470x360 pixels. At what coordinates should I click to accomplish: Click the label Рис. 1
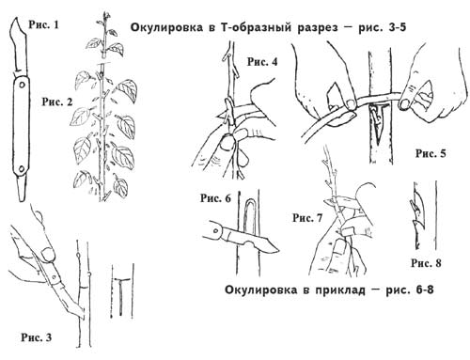coord(43,24)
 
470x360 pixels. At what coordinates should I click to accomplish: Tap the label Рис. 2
coord(57,102)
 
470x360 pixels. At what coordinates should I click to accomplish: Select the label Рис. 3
coord(37,337)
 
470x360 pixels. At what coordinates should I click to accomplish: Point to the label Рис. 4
coord(262,62)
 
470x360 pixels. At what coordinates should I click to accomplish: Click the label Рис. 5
coord(431,153)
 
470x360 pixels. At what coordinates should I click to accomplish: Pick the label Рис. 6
coord(215,198)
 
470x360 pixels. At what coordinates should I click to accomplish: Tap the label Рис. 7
coord(307,218)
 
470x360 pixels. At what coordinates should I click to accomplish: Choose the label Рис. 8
coord(426,263)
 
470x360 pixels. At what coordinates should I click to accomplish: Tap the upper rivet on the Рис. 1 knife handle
coord(22,85)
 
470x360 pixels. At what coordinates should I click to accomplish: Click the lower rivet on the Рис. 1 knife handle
coord(22,169)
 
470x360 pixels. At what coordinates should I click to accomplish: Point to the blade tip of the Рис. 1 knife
coord(16,19)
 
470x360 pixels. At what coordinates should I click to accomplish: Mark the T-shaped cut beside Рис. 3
coord(121,294)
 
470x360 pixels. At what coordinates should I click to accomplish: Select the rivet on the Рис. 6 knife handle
coord(215,231)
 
